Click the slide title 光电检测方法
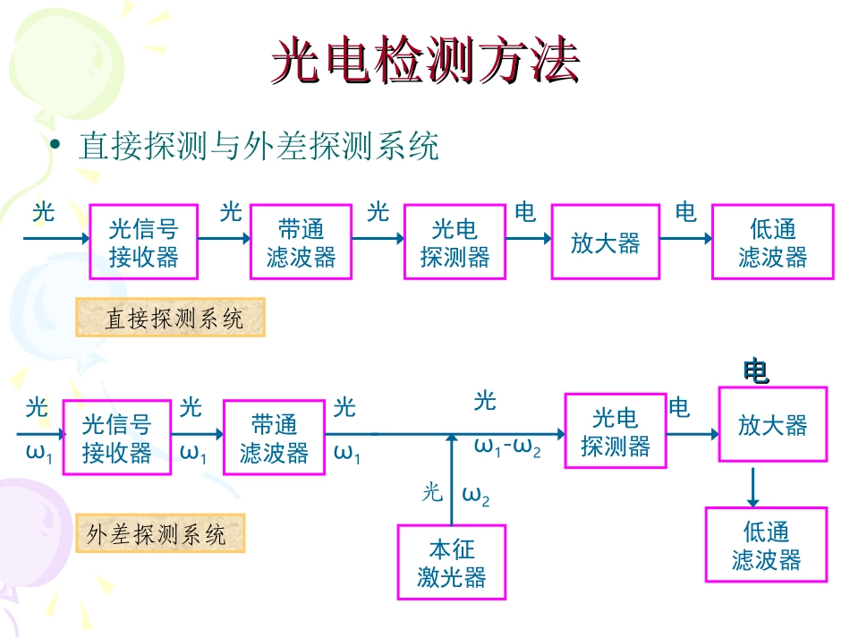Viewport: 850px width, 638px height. (426, 63)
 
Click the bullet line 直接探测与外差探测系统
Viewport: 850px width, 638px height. (259, 146)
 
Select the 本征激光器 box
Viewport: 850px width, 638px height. (452, 562)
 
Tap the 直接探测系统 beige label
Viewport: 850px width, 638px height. (171, 319)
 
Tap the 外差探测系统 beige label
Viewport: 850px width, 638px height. (159, 535)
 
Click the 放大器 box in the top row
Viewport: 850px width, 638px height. (606, 242)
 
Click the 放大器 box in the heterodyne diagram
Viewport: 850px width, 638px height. (772, 425)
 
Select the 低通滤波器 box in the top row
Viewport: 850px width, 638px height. (773, 242)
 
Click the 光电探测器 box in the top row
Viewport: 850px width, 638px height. (455, 242)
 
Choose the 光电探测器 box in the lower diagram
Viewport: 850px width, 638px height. (616, 431)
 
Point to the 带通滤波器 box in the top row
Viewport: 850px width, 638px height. (302, 242)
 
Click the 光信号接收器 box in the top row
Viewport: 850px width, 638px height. (144, 242)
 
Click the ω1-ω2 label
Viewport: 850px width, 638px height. (507, 447)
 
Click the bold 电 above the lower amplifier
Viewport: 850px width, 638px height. (756, 370)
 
